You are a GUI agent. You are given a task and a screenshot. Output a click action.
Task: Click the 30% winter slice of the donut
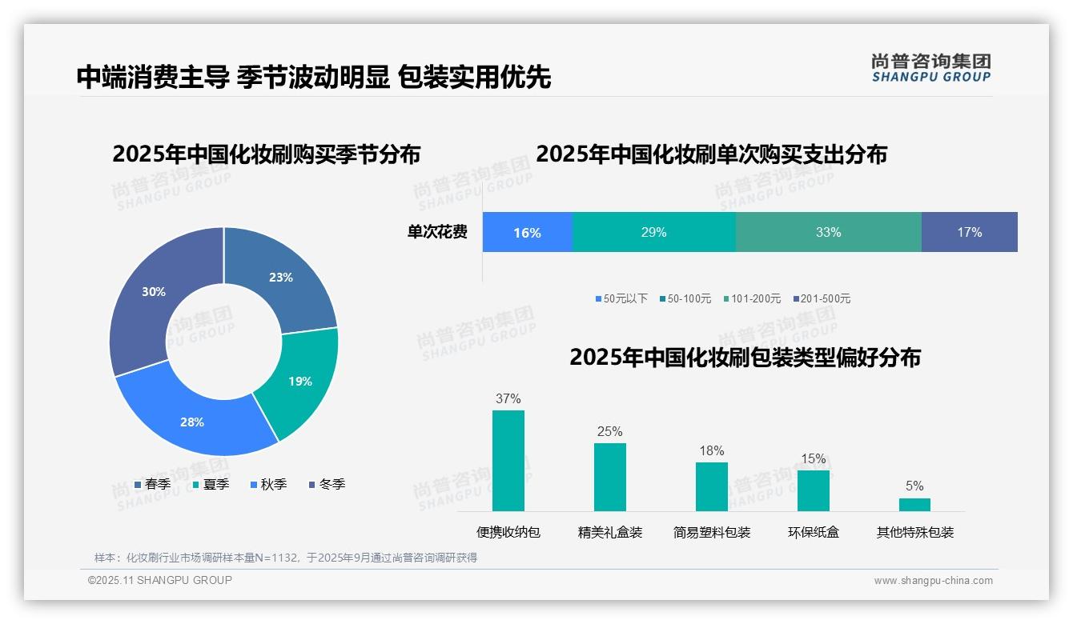tap(152, 293)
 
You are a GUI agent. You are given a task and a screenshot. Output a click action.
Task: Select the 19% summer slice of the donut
tap(299, 381)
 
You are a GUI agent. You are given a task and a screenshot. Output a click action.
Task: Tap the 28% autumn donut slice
tap(192, 421)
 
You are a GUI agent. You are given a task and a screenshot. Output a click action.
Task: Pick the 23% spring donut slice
tap(280, 278)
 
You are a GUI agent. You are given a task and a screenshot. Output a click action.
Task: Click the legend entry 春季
tap(152, 484)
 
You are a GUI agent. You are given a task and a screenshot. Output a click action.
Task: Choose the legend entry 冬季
tap(327, 484)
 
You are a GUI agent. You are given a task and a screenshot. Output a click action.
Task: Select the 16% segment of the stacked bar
tap(527, 233)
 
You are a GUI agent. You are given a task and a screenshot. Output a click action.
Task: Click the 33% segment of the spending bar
tap(828, 233)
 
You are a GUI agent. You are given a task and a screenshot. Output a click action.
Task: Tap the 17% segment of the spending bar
tap(969, 233)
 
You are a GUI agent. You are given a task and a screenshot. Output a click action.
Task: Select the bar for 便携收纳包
tap(508, 461)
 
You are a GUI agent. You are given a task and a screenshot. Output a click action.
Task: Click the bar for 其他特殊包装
tap(914, 505)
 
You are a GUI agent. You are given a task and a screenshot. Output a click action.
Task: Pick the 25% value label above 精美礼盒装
tap(609, 432)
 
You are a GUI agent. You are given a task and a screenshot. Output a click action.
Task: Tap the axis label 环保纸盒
tap(814, 533)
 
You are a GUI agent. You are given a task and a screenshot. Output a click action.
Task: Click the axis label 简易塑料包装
tap(712, 533)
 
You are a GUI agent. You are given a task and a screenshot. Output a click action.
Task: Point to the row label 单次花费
tap(437, 233)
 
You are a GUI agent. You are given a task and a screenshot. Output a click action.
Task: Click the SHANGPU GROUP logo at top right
tap(930, 68)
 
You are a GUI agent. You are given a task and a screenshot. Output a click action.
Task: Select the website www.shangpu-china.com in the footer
tap(933, 581)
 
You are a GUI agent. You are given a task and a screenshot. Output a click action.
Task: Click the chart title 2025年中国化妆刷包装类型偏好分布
tap(745, 358)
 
